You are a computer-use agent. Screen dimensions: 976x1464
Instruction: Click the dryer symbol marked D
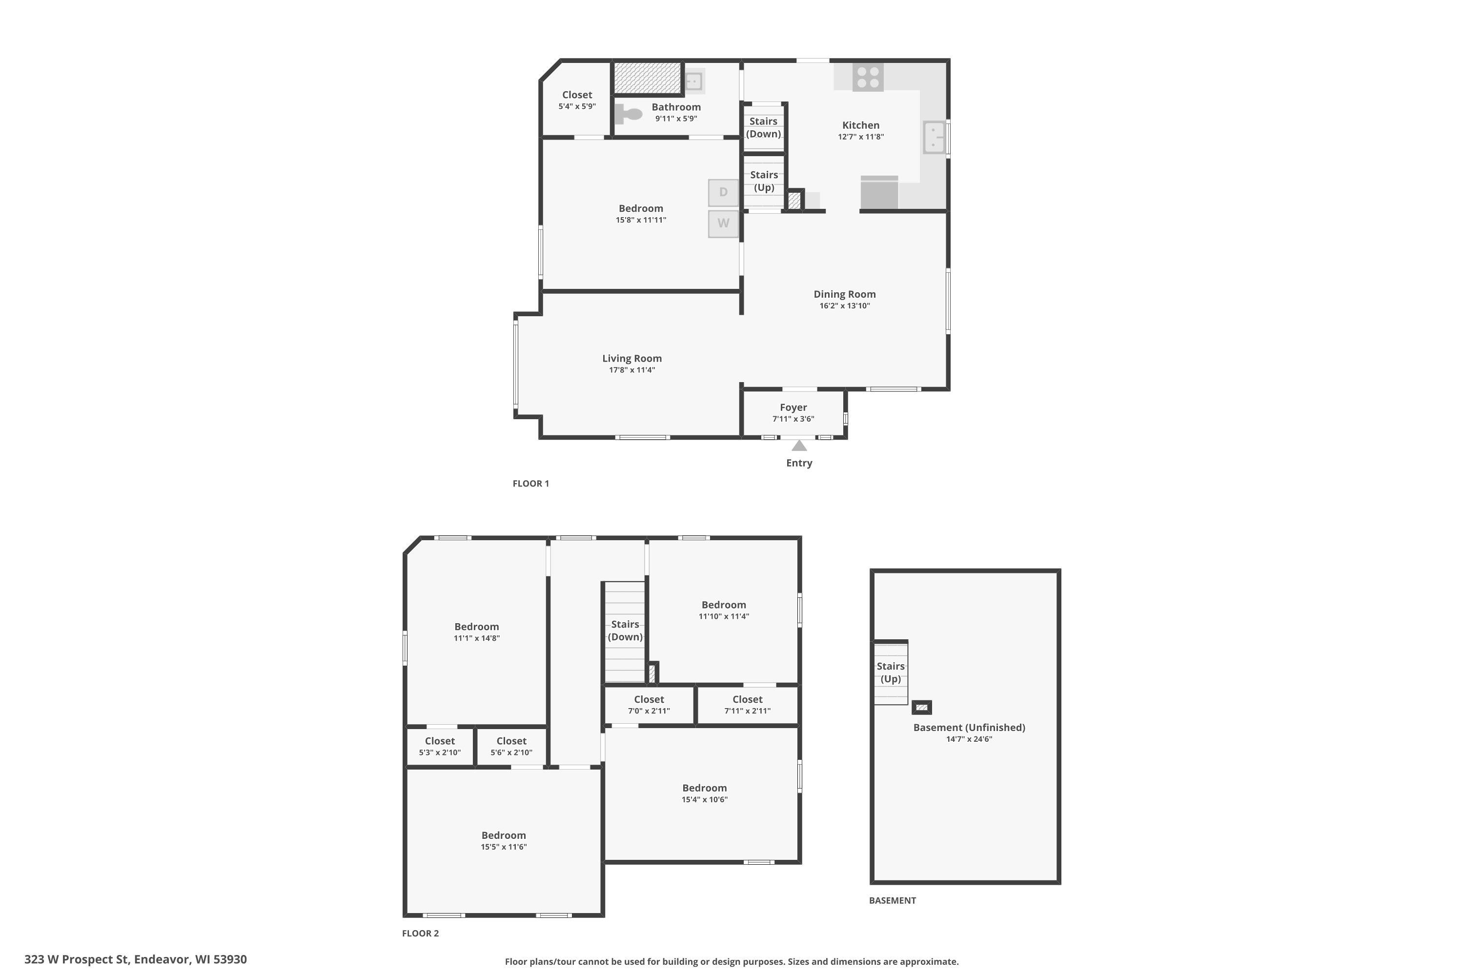(x=723, y=192)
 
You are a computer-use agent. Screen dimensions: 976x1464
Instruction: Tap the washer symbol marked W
(x=723, y=224)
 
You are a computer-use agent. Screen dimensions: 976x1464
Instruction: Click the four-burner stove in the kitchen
(x=868, y=77)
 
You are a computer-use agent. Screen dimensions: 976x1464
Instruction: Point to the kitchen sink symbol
(x=934, y=137)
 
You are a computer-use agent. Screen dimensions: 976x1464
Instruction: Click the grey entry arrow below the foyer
(x=799, y=446)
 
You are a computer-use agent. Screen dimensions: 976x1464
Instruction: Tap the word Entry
(x=799, y=463)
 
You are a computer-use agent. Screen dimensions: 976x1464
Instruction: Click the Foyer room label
(x=793, y=407)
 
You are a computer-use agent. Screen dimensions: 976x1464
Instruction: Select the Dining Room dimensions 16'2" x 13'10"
(x=845, y=305)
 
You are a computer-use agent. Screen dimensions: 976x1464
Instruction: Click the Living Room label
(x=632, y=359)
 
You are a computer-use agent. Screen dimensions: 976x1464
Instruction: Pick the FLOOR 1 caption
(x=531, y=484)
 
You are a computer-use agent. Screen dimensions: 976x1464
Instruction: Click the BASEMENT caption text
(x=893, y=901)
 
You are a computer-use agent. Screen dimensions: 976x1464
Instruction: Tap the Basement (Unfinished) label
(x=969, y=728)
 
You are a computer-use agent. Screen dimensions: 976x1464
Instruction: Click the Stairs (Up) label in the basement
(x=891, y=673)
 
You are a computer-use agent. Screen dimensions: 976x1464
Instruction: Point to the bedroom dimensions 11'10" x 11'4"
(x=724, y=616)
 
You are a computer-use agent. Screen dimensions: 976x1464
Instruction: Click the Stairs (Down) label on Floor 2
(x=625, y=630)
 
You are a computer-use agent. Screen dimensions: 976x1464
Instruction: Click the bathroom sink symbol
(x=693, y=81)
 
